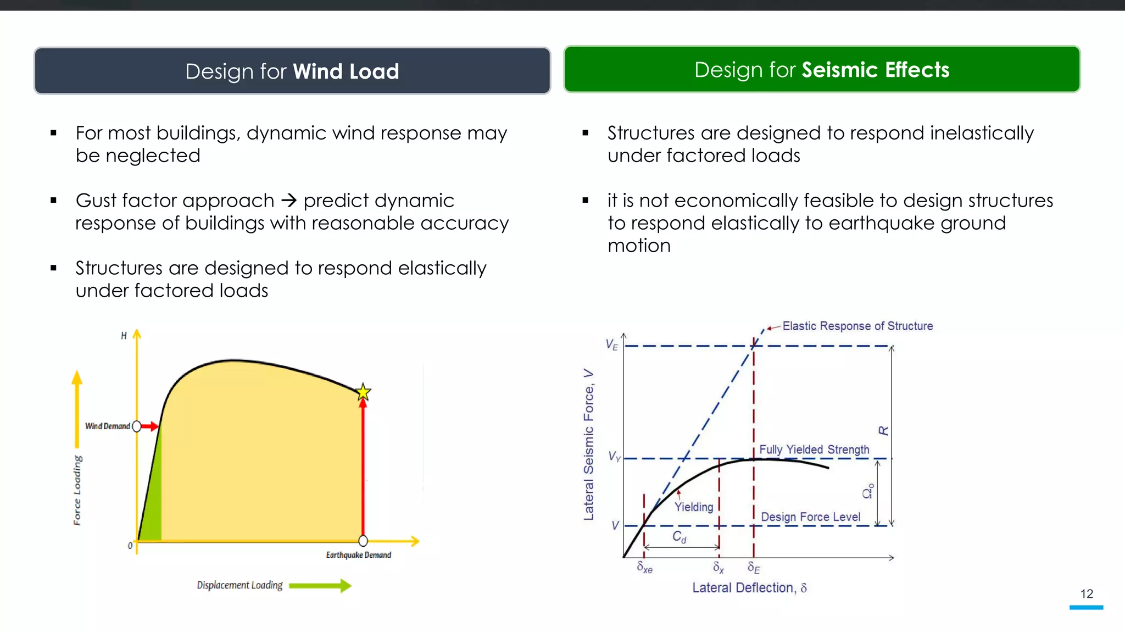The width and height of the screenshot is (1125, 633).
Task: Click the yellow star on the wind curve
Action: [x=363, y=392]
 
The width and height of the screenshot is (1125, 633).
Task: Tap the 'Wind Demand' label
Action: [x=108, y=426]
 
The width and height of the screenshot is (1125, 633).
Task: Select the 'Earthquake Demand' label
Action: [x=359, y=555]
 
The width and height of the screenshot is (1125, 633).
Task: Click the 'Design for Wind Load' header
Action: [x=292, y=71]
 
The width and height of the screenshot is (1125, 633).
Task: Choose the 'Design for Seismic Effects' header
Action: [x=822, y=70]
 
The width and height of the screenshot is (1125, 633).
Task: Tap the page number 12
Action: [x=1087, y=594]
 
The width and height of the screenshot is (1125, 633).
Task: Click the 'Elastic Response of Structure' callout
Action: [x=857, y=326]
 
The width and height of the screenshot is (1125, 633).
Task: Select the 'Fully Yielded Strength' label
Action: [x=814, y=449]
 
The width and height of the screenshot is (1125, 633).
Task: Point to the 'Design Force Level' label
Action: [x=810, y=517]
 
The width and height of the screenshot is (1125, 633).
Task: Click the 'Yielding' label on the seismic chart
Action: [x=694, y=507]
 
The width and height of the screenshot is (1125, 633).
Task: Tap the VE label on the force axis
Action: [x=611, y=345]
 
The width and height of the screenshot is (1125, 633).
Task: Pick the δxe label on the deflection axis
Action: [x=644, y=568]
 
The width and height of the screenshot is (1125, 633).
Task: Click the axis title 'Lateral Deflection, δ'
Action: [x=749, y=588]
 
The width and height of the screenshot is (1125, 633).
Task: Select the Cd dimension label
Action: [x=680, y=537]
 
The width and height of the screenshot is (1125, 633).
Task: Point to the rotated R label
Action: [x=883, y=431]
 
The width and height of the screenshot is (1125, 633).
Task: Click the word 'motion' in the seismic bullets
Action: [x=639, y=246]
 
